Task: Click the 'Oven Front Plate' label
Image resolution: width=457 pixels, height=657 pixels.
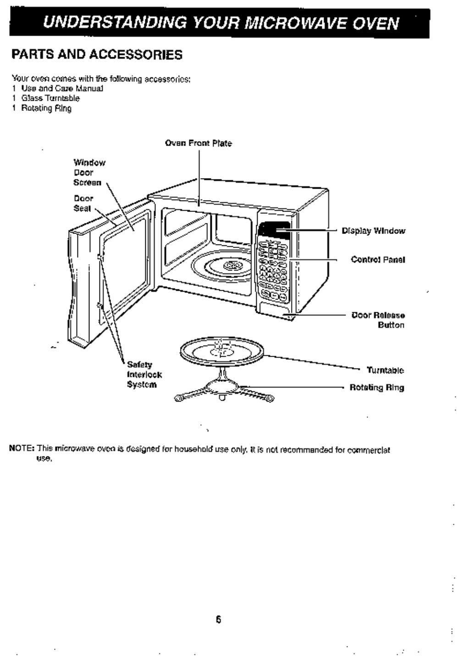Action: [x=198, y=143]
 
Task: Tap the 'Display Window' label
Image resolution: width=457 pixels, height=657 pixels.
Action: [x=373, y=231]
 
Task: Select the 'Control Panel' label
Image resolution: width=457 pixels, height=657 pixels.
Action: [x=378, y=260]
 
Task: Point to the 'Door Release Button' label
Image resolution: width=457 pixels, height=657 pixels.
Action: [x=378, y=320]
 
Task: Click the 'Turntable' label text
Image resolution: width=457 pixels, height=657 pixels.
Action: [x=385, y=370]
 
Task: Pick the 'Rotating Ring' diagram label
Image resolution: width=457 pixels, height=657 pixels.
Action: [x=377, y=387]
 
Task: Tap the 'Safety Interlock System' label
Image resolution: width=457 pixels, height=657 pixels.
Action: [x=144, y=375]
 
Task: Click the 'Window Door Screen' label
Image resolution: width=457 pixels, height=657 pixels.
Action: [x=89, y=173]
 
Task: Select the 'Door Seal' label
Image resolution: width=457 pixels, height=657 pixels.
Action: [x=83, y=203]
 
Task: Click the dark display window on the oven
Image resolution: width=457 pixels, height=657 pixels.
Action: [x=274, y=230]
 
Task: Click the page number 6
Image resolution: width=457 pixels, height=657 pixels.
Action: [x=218, y=619]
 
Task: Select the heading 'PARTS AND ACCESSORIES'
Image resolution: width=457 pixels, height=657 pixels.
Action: [x=97, y=55]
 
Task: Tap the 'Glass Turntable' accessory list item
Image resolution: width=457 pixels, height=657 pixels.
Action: [x=50, y=98]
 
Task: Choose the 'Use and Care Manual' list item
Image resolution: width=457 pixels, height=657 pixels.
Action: [x=62, y=88]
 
